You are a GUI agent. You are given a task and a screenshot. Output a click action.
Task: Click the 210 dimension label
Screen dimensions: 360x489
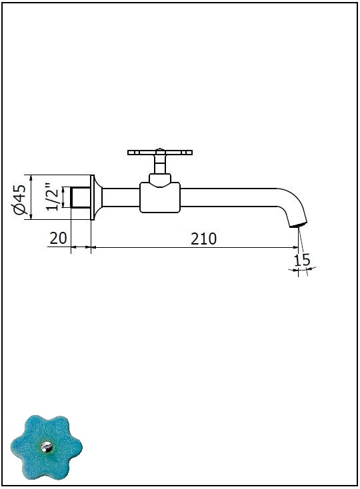[204, 239]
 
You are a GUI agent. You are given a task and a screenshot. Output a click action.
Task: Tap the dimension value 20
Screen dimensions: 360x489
[59, 239]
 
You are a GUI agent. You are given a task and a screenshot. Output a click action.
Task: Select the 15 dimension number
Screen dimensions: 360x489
[302, 260]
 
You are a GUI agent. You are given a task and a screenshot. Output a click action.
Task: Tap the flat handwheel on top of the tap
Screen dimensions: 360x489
[160, 153]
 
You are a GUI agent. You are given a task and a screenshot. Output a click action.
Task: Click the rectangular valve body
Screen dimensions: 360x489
[160, 198]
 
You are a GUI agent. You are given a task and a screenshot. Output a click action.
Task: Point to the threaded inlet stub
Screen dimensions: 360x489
[81, 197]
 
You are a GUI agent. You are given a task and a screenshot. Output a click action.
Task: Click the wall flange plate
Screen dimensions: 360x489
[93, 197]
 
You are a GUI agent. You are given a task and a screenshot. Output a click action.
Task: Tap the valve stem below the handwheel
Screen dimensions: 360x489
[160, 165]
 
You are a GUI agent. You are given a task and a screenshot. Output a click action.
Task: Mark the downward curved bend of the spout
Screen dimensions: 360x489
[295, 202]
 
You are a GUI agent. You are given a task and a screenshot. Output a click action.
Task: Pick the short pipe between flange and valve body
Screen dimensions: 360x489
[121, 197]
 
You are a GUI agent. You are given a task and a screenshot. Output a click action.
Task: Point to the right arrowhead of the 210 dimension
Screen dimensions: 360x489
[296, 247]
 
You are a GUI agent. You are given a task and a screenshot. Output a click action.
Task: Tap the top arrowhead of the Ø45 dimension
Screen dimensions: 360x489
[31, 177]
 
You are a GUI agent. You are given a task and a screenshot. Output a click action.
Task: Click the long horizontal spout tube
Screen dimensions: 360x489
[229, 197]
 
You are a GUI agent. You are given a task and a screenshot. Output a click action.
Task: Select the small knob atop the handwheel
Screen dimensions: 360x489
[160, 149]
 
